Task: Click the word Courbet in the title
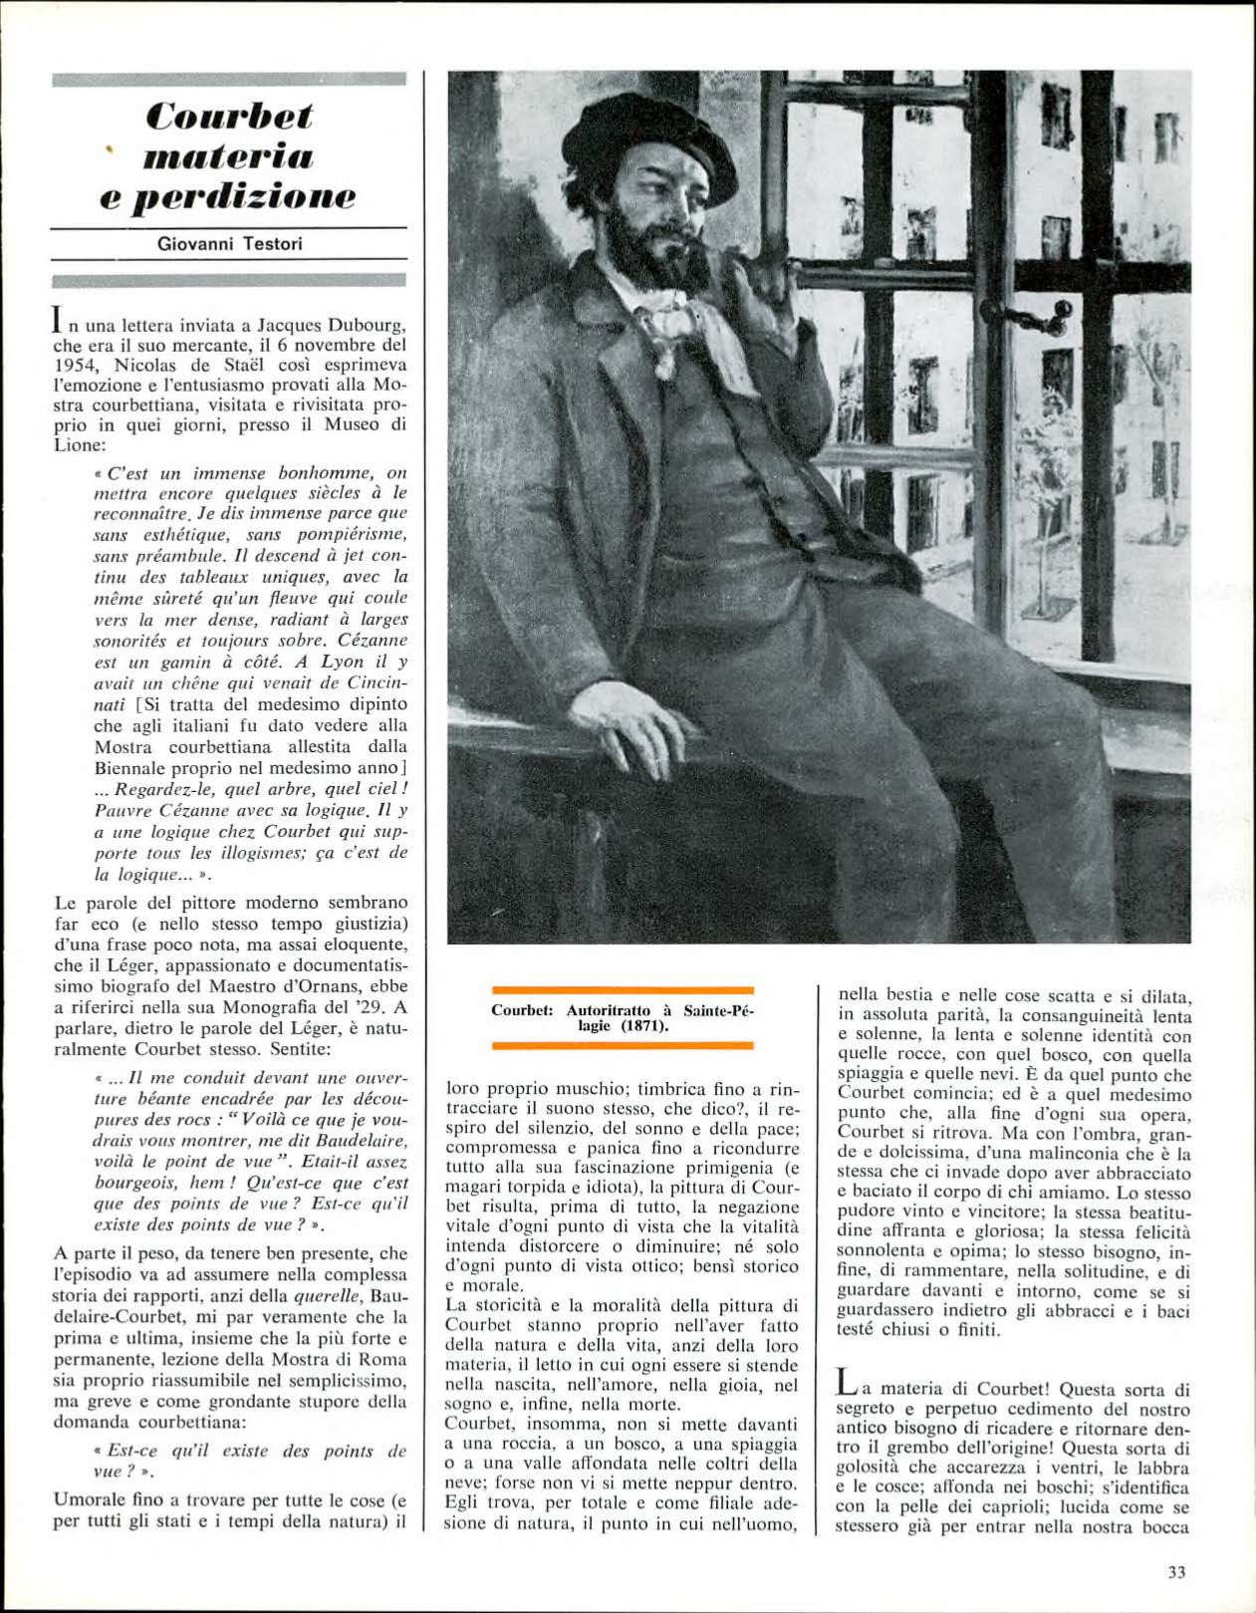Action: pyautogui.click(x=229, y=116)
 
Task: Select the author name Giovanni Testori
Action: pyautogui.click(x=229, y=244)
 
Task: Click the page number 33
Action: pyautogui.click(x=1176, y=1573)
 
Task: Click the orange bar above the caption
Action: pyautogui.click(x=624, y=990)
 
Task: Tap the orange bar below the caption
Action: pyautogui.click(x=624, y=1046)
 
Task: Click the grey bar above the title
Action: pyautogui.click(x=229, y=80)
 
